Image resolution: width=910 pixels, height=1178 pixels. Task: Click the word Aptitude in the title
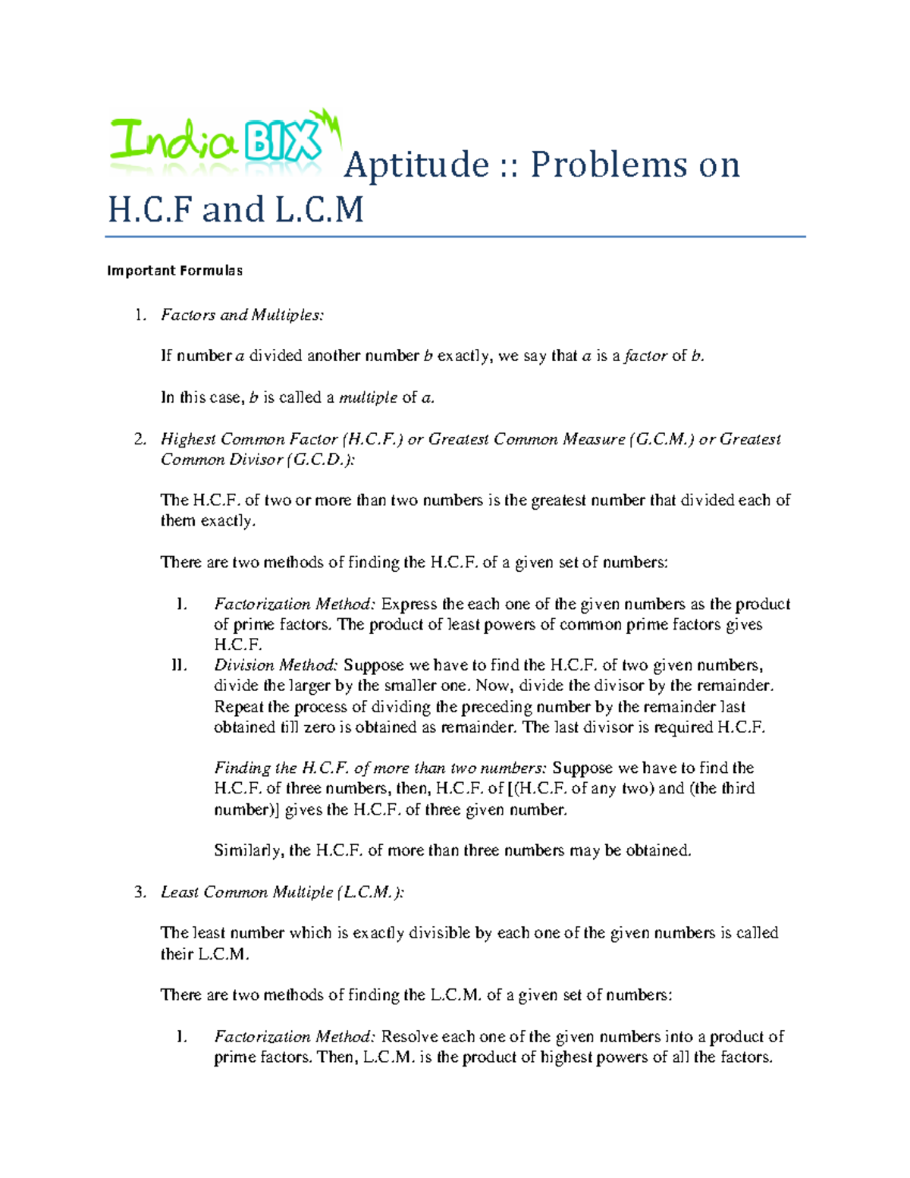point(416,165)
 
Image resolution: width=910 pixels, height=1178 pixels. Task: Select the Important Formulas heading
point(174,271)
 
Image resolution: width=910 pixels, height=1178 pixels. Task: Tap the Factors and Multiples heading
point(242,315)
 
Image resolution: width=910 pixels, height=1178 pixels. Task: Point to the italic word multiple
point(368,397)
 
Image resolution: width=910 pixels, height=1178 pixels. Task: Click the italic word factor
point(645,356)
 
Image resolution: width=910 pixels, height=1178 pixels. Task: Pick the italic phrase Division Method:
point(276,665)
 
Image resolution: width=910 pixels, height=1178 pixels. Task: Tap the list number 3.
point(140,892)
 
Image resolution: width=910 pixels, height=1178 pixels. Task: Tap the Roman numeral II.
point(179,665)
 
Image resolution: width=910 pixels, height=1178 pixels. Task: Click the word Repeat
point(238,707)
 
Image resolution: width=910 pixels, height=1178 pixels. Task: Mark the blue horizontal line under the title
point(455,237)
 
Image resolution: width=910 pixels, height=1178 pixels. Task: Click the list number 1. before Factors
point(140,315)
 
